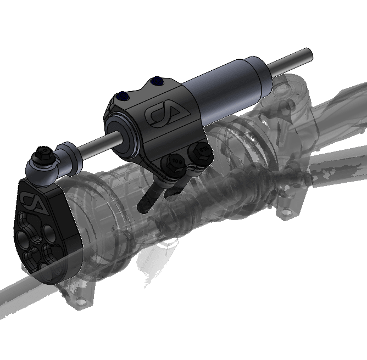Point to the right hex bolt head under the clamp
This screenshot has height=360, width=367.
199,150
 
